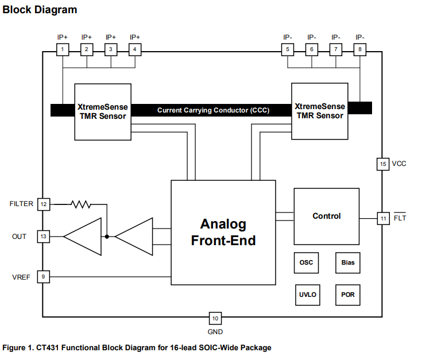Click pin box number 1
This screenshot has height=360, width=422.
(x=62, y=49)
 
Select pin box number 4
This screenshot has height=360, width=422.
(x=134, y=49)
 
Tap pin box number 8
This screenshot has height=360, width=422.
(x=359, y=49)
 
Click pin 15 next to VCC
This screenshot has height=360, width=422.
(x=383, y=164)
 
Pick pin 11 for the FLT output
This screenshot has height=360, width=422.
(x=383, y=219)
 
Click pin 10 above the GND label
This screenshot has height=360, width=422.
(x=215, y=319)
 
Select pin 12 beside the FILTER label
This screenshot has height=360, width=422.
(x=44, y=204)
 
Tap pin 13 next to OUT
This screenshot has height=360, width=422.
(x=44, y=236)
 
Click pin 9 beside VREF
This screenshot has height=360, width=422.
(x=44, y=277)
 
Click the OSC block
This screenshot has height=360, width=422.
(x=307, y=262)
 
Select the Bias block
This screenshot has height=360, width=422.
(x=348, y=262)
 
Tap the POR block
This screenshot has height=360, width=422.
(x=348, y=295)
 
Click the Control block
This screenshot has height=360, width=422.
(x=326, y=216)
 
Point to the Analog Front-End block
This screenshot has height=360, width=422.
(x=223, y=232)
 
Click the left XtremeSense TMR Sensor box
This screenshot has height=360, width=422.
(x=103, y=111)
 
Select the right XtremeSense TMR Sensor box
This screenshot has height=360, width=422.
(x=319, y=111)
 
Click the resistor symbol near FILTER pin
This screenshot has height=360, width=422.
(x=81, y=204)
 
